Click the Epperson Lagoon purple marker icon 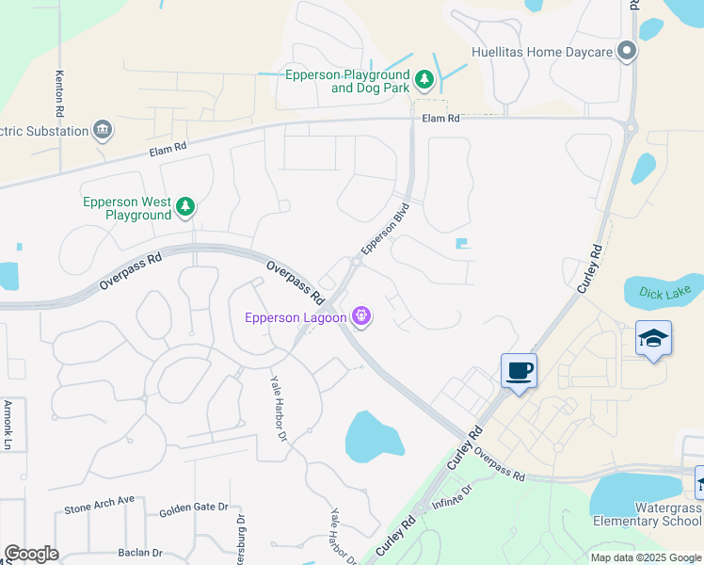click(360, 317)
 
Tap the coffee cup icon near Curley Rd click(519, 369)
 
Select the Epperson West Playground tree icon click(186, 207)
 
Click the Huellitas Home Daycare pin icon click(625, 53)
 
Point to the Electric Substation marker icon click(103, 130)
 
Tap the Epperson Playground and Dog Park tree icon click(424, 80)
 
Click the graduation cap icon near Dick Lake click(653, 338)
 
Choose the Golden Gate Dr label click(194, 508)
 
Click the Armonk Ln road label click(8, 423)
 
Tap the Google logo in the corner click(31, 554)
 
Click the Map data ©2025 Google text click(645, 557)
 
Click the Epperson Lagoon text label click(295, 317)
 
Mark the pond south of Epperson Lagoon click(374, 436)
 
